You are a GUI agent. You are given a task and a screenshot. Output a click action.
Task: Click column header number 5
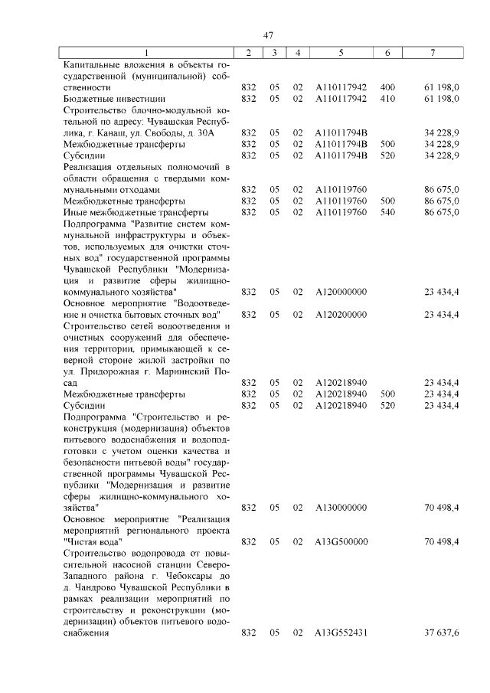coord(341,52)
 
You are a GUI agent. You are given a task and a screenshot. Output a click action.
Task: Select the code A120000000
coord(341,292)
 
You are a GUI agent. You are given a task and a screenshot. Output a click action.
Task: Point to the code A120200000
coord(341,314)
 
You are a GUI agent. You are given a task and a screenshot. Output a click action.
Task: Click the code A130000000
coord(341,507)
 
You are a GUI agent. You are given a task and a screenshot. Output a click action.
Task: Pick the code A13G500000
coord(341,541)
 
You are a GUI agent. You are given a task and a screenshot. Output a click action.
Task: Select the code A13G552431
coord(341,633)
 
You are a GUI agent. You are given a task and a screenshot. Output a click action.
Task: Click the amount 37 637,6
coord(441,633)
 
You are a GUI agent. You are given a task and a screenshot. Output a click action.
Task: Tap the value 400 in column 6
coord(387,88)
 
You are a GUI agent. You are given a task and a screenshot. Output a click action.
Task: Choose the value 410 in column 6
coord(387,99)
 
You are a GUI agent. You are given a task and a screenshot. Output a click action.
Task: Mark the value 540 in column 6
coord(387,211)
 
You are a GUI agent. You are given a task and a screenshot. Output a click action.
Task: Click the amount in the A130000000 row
coord(441,507)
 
